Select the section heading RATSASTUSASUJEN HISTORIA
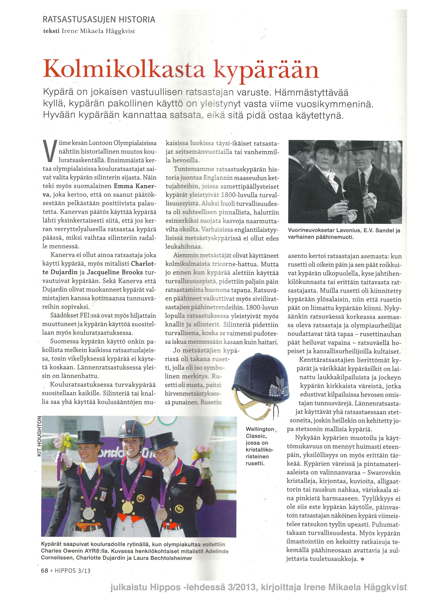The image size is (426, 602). click(x=99, y=20)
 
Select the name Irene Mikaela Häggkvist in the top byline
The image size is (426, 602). click(x=98, y=31)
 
